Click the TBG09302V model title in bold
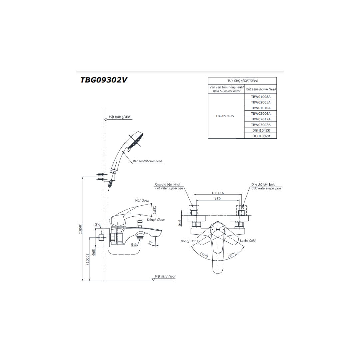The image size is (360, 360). point(104,80)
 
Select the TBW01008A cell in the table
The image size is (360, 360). point(261,97)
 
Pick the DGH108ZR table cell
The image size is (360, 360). point(261,136)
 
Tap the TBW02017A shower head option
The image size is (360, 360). point(261,119)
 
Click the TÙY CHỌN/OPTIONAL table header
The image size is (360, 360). point(243,81)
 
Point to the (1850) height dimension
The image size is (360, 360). point(80,229)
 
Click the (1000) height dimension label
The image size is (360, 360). point(87,259)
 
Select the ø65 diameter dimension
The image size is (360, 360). point(94,253)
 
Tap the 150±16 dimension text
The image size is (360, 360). point(217,193)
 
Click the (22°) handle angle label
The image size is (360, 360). point(155,210)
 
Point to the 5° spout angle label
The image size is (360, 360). point(151,242)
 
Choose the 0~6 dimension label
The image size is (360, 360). point(180,223)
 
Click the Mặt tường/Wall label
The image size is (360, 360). point(120,117)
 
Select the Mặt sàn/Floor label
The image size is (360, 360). point(165,276)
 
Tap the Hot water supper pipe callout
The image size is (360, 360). point(169,188)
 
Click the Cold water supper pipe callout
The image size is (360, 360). point(266,188)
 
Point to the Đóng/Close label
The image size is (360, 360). point(156,220)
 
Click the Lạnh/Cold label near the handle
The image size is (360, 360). point(248,241)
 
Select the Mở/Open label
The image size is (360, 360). point(142,201)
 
